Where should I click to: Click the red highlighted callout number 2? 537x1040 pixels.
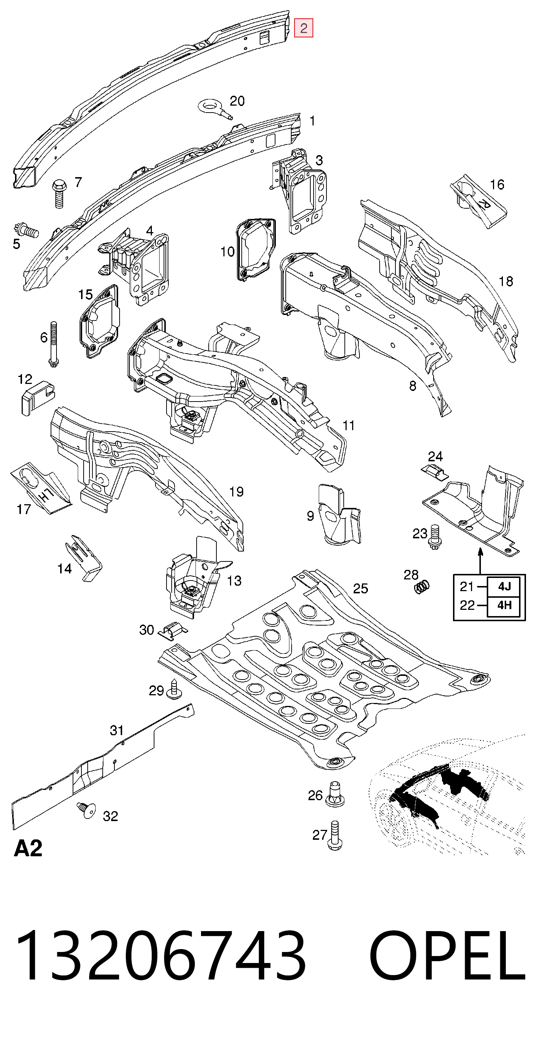coord(304,28)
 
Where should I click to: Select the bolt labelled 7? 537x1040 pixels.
coord(59,193)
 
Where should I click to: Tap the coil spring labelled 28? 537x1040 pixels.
coord(422,587)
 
